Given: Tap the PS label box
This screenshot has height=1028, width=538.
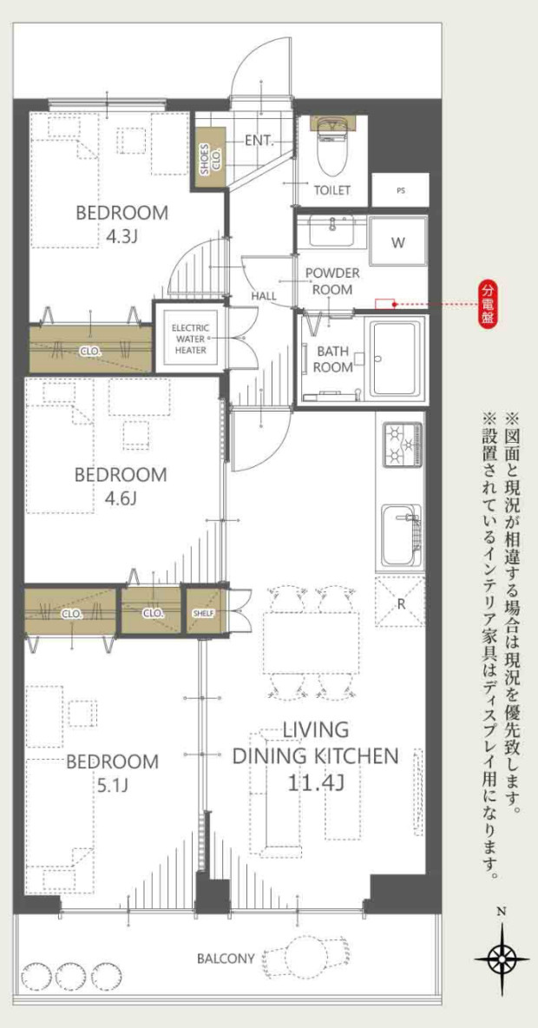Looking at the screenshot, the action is click(400, 190).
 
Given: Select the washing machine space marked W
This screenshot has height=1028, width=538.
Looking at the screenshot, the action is click(397, 242).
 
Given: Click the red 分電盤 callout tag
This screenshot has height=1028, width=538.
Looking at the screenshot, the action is click(488, 304).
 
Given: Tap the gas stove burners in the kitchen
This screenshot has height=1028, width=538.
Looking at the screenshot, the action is click(403, 445).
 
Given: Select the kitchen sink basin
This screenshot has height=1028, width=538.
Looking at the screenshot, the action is click(402, 535).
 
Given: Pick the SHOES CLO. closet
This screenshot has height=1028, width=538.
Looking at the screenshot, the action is click(207, 158).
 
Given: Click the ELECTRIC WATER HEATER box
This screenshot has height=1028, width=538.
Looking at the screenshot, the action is click(189, 339).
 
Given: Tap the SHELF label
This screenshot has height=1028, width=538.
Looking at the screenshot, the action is click(204, 614).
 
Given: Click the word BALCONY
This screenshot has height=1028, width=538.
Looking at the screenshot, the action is click(226, 959).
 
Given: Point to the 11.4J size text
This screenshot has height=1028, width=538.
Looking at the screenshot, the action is click(316, 783).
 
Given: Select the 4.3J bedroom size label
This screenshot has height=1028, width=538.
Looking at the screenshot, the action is click(121, 235).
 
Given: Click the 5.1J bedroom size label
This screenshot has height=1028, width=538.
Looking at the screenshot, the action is click(113, 785).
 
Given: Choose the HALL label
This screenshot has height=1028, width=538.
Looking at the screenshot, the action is click(264, 296).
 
